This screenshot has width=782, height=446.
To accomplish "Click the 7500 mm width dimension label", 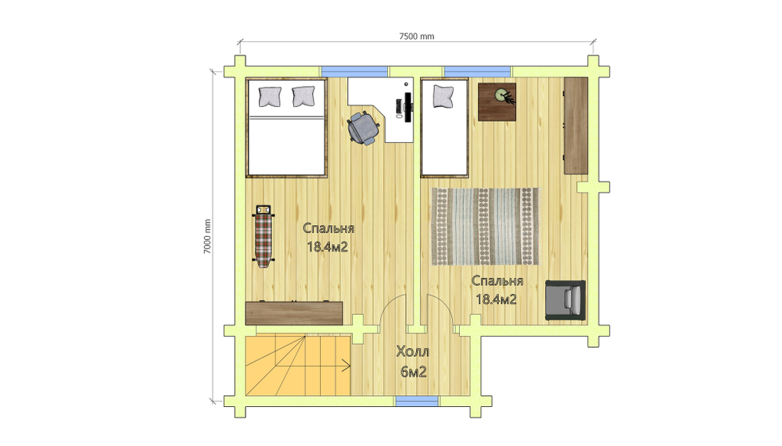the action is (417, 37).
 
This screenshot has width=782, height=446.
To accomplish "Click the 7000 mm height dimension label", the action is (207, 237).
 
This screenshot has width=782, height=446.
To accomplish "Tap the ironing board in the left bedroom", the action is (264, 236).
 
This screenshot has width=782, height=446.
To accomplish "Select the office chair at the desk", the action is (363, 128).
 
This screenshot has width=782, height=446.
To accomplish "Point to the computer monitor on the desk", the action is (407, 107).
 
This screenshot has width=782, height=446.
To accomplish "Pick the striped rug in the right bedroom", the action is (486, 227).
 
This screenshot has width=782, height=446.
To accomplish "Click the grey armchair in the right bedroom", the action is (565, 300).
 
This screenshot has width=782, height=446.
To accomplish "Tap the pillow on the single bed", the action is (443, 96).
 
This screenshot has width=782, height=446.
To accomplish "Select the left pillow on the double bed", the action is (270, 96).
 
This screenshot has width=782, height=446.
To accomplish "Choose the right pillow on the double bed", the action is (303, 96).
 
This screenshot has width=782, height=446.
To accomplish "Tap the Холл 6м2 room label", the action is (413, 362).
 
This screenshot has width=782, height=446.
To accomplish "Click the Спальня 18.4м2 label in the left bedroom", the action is (328, 237).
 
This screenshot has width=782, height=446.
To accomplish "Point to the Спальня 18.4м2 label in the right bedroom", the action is (497, 290).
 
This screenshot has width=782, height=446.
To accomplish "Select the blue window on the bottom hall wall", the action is (417, 401).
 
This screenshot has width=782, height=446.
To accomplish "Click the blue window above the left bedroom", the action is (354, 71).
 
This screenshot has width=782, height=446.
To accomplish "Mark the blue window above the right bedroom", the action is (478, 71).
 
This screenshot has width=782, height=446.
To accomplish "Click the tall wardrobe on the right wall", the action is (576, 126).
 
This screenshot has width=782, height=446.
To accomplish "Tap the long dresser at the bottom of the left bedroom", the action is (294, 313).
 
